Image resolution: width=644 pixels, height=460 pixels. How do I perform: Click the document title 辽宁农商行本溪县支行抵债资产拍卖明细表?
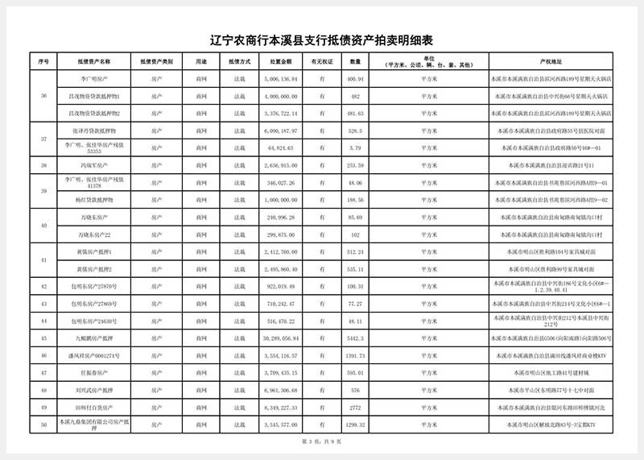pos(321,40)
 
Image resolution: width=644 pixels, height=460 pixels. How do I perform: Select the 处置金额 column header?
pos(281,61)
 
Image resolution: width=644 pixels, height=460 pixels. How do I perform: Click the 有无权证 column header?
pos(321,61)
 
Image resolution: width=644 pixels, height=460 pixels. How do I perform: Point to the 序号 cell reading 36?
pos(43,97)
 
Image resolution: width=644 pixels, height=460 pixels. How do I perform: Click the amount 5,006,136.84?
pos(281,80)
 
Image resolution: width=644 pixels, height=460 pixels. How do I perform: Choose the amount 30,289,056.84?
pos(281,338)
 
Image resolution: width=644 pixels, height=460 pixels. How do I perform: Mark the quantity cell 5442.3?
pos(355,338)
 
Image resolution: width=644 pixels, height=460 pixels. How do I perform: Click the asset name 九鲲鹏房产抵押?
pos(94,338)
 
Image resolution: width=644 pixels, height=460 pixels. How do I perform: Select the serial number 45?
pos(43,338)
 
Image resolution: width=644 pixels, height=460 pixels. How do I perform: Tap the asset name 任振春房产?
pos(94,373)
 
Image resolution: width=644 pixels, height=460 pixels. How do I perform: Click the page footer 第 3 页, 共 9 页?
pos(321,441)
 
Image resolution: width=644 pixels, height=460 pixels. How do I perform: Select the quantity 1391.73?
pos(355,355)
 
